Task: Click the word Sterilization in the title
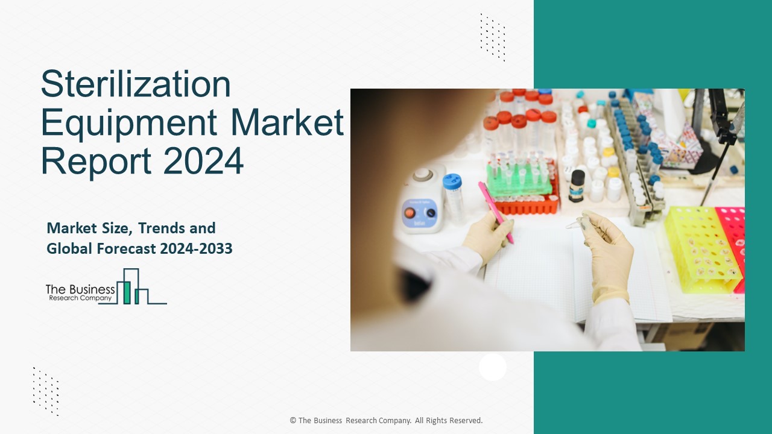point(136,85)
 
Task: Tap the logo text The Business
point(80,289)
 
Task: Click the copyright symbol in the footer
point(293,421)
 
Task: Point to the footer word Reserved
point(464,421)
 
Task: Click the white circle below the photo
point(493,366)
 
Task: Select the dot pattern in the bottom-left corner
point(46,391)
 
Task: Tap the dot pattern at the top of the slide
point(493,37)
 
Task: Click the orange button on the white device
point(410,213)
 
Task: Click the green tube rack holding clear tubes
point(518,181)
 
